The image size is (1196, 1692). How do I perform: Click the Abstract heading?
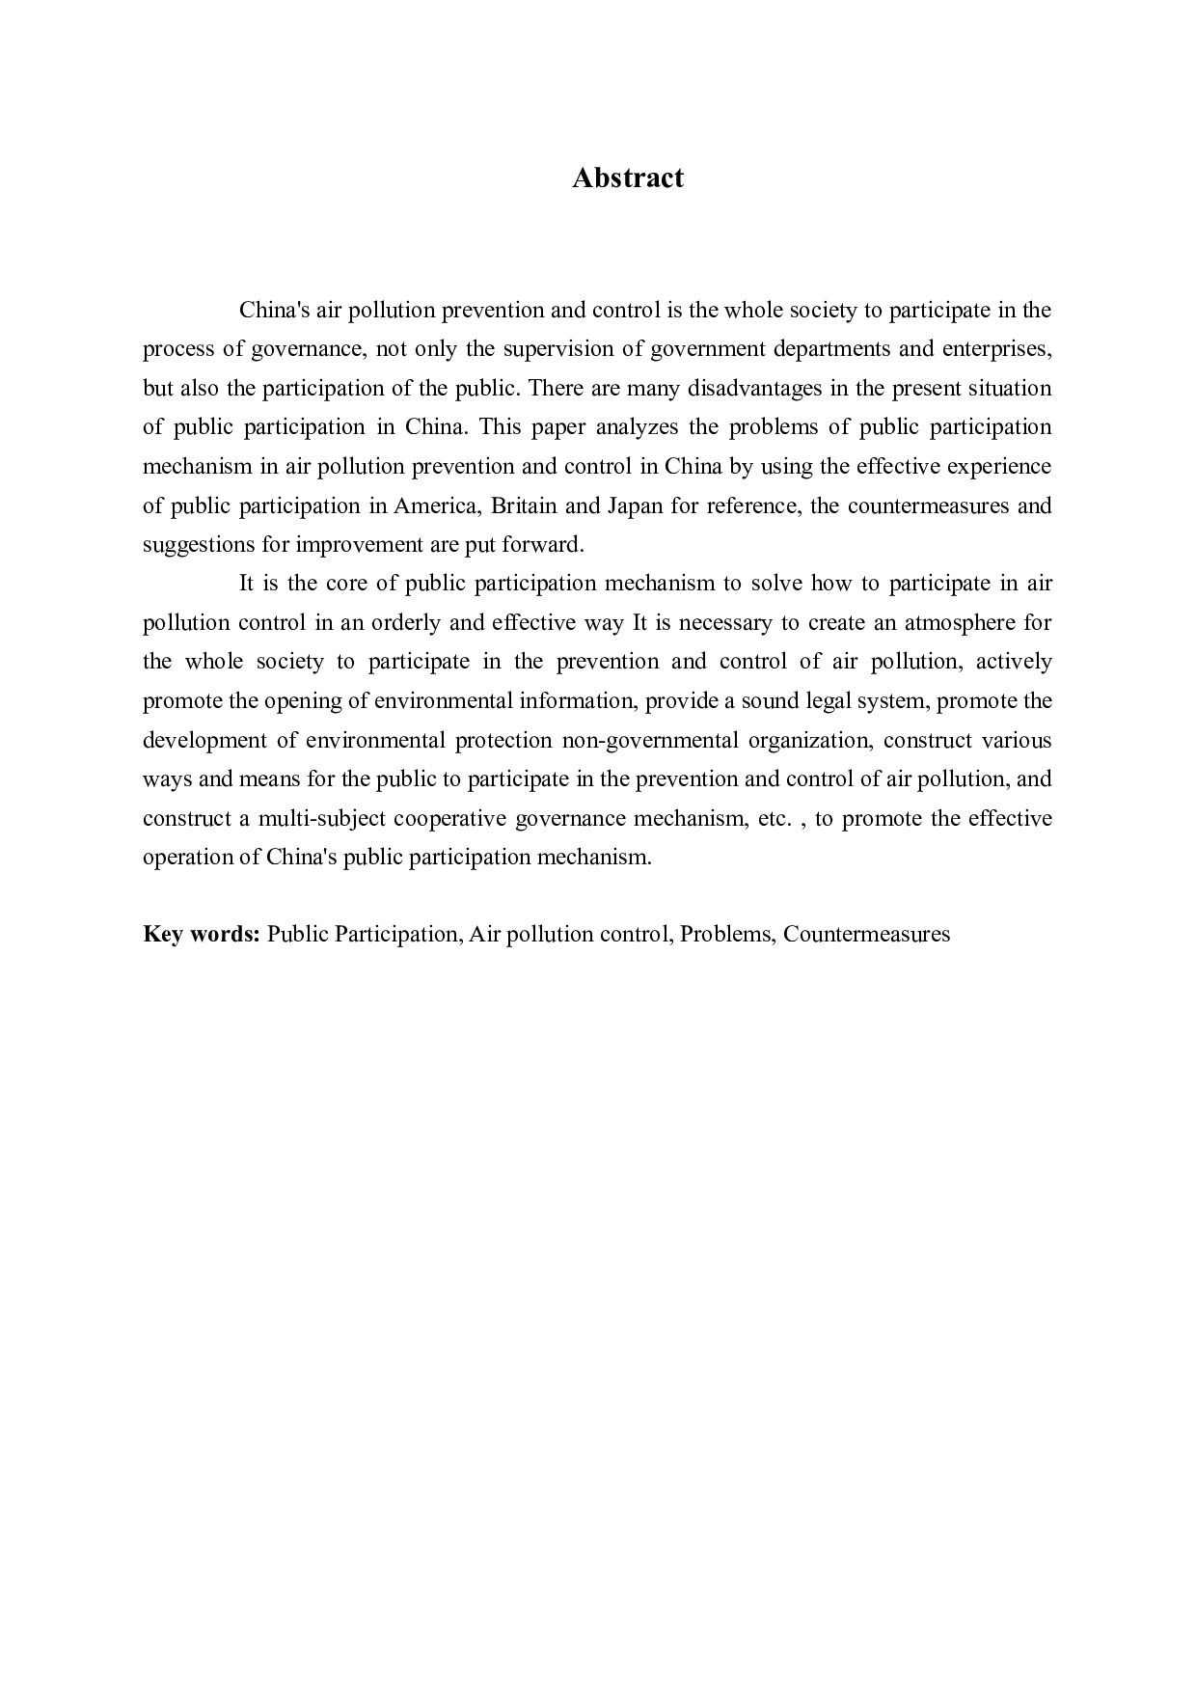(x=627, y=177)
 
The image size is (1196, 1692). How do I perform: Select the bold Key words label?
(x=202, y=934)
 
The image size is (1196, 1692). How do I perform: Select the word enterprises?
(x=995, y=348)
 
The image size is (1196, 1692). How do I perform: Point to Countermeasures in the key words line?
(x=866, y=934)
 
